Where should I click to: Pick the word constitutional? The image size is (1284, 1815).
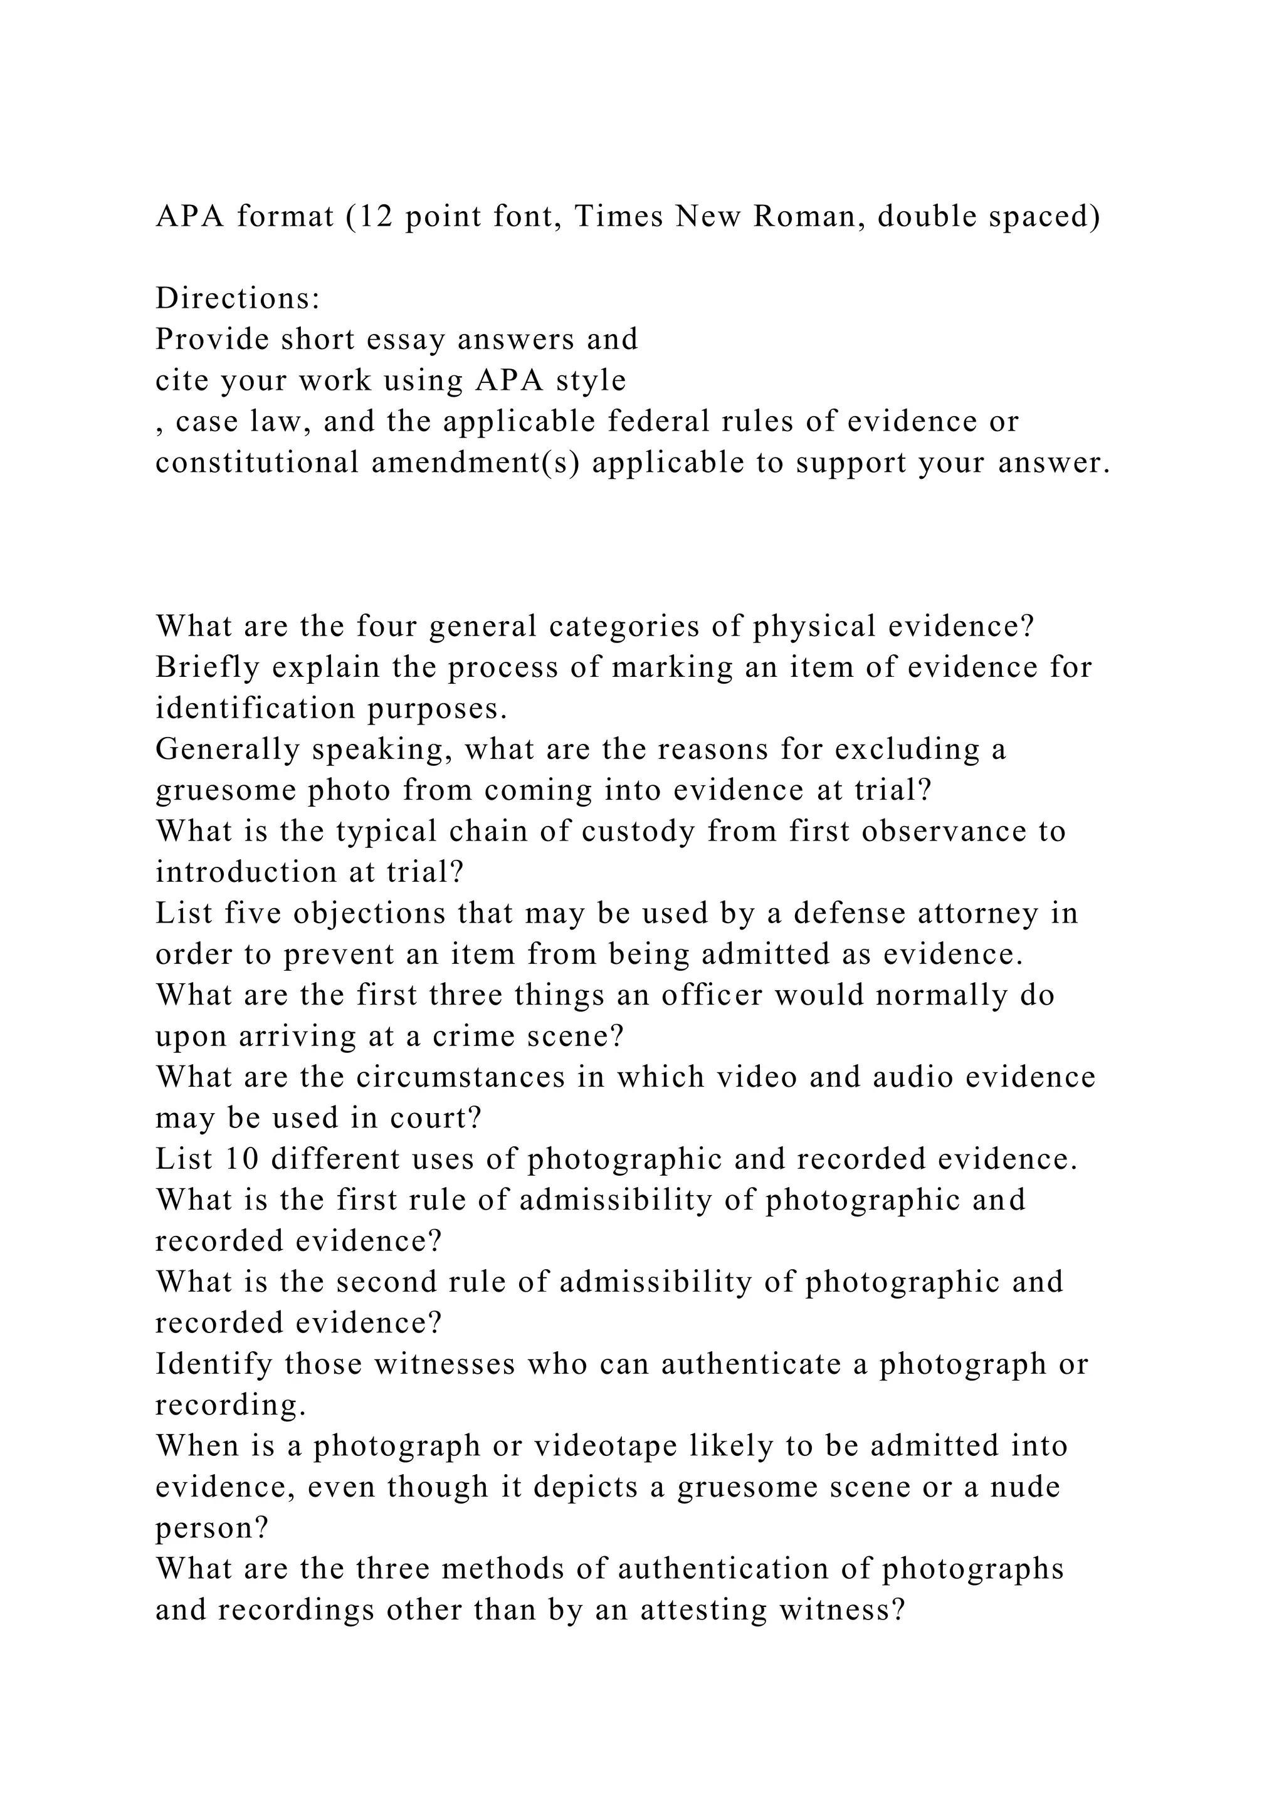coord(257,463)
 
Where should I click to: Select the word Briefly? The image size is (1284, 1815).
coord(207,667)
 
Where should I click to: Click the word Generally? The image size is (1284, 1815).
coord(228,750)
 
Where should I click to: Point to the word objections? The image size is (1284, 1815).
coord(352,913)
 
